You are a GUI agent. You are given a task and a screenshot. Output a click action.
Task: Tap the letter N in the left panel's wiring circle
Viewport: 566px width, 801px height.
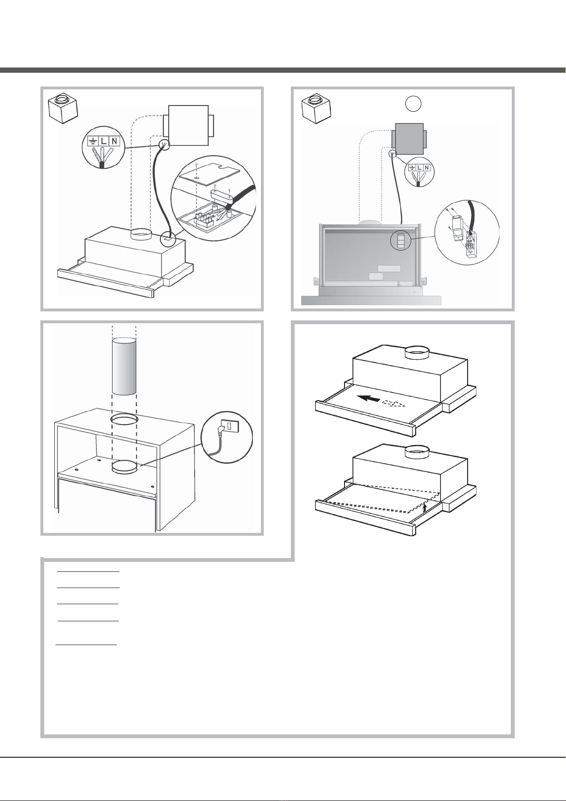pyautogui.click(x=114, y=141)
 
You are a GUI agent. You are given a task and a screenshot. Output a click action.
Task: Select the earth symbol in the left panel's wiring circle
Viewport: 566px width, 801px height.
pyautogui.click(x=92, y=141)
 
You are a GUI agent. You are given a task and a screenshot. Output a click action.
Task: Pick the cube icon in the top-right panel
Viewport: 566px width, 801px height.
pyautogui.click(x=316, y=107)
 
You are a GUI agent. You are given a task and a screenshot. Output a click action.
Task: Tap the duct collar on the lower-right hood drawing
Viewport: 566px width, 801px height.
pyautogui.click(x=417, y=452)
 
